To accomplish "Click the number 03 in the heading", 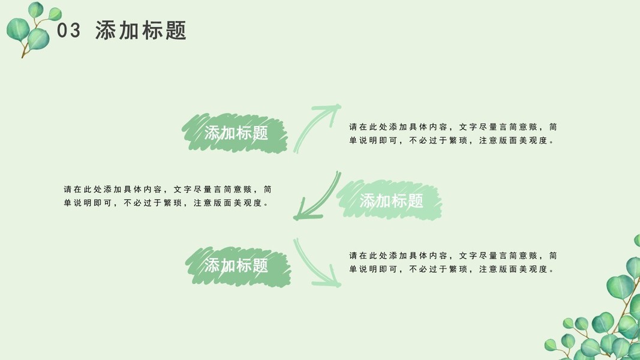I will tap(68, 31).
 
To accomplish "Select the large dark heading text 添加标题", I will tap(141, 31).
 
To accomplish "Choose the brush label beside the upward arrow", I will tap(236, 133).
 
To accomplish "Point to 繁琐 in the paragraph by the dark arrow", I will tap(173, 203).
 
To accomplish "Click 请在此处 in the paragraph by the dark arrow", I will tap(83, 189).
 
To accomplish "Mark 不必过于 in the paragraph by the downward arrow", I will tap(429, 269).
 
